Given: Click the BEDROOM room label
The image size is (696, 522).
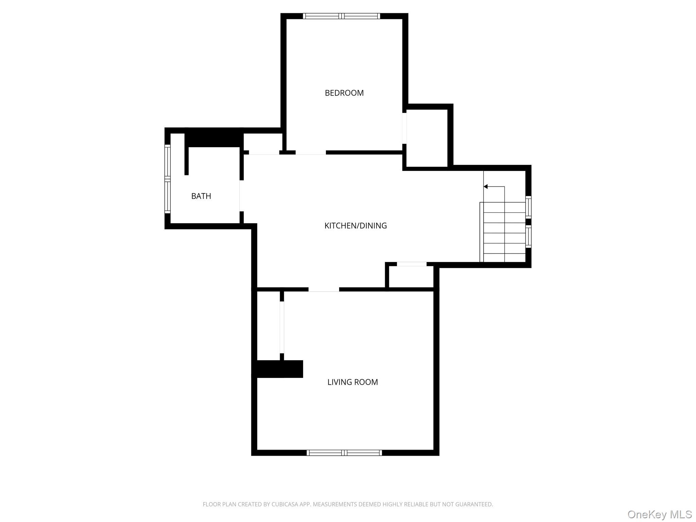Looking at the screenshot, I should coord(344,93).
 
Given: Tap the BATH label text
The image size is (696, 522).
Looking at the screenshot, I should coord(201,196).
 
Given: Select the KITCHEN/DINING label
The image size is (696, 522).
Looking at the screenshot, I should coord(355,226).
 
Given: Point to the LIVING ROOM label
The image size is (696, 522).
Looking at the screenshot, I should coord(352,382).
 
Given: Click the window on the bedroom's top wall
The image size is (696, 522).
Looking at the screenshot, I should coord(342,16).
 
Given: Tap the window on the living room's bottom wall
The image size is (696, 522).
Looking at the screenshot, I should coord(344,452).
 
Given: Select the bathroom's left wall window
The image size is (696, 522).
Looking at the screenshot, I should coord(167,178).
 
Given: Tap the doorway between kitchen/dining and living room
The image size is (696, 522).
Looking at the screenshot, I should coord(324,290).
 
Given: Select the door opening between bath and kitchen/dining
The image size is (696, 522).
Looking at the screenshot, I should coord(241,196).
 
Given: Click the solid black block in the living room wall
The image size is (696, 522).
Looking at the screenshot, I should coord(279,369).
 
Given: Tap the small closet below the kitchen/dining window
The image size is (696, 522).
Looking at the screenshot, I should coord(411,277).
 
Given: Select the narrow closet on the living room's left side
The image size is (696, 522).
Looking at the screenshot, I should coord(268,325).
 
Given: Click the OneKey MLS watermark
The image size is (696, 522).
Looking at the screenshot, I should coord(660,514).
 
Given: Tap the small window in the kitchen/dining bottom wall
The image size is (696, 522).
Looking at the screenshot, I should coord(412,264).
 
